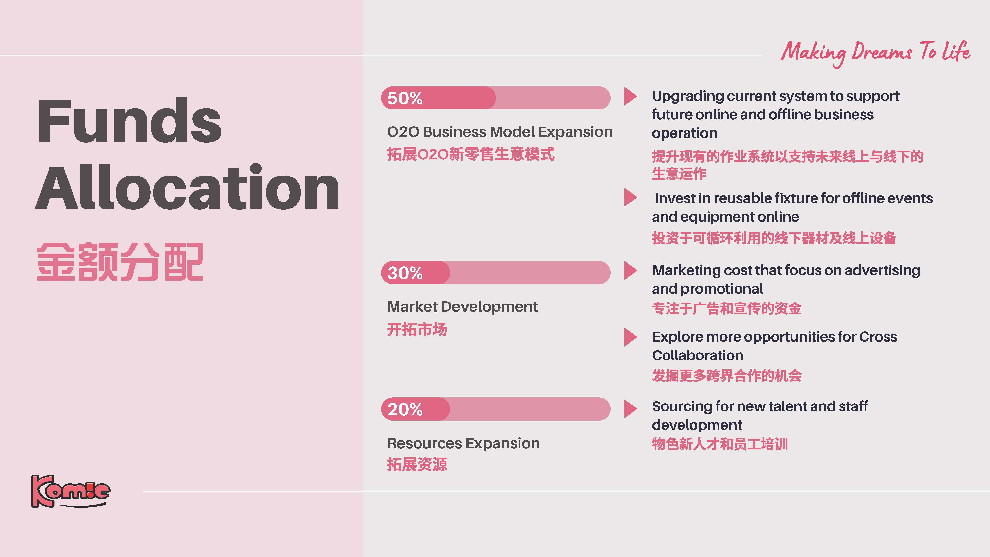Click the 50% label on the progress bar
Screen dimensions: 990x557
point(405,99)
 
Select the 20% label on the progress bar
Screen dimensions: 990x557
point(405,409)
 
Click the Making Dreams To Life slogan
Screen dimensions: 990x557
point(875,53)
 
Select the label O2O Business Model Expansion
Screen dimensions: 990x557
point(500,132)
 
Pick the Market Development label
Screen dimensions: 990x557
point(462,307)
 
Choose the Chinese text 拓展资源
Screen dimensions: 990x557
point(417,464)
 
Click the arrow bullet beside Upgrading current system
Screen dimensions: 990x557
point(630,97)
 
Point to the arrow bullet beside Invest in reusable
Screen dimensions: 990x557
point(630,197)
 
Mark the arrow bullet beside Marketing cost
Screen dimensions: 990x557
point(630,271)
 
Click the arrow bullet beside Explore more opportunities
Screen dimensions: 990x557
point(630,337)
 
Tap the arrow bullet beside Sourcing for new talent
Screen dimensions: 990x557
point(630,409)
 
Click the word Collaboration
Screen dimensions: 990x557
point(697,355)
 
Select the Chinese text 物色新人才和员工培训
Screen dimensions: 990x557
point(720,444)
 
